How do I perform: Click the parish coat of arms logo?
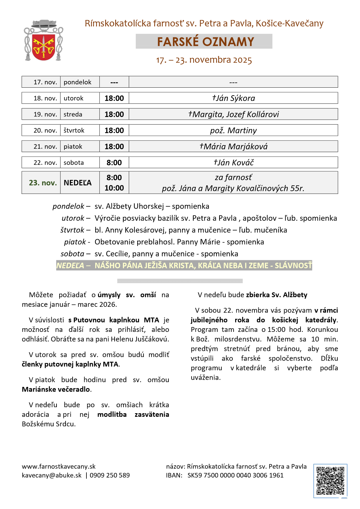point(44,41)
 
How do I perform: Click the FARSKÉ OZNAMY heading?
point(205,42)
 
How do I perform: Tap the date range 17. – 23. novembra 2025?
point(204,60)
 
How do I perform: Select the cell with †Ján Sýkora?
point(233,98)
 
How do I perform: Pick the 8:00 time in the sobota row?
point(114,163)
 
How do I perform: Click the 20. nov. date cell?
point(45,131)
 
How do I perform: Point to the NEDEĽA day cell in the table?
point(77,183)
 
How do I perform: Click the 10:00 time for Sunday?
point(114,188)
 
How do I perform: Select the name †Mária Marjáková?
point(233,147)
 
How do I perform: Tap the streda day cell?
point(73,114)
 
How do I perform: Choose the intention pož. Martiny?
point(233,131)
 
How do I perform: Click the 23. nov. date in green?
point(43,183)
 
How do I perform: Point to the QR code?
point(330,481)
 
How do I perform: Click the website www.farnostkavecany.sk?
point(59,466)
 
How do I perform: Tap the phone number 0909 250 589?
point(110,475)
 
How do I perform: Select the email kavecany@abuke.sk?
point(52,475)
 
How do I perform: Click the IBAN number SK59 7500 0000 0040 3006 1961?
point(235,475)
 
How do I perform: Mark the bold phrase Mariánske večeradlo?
point(56,389)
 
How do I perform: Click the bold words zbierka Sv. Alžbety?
point(277,295)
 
